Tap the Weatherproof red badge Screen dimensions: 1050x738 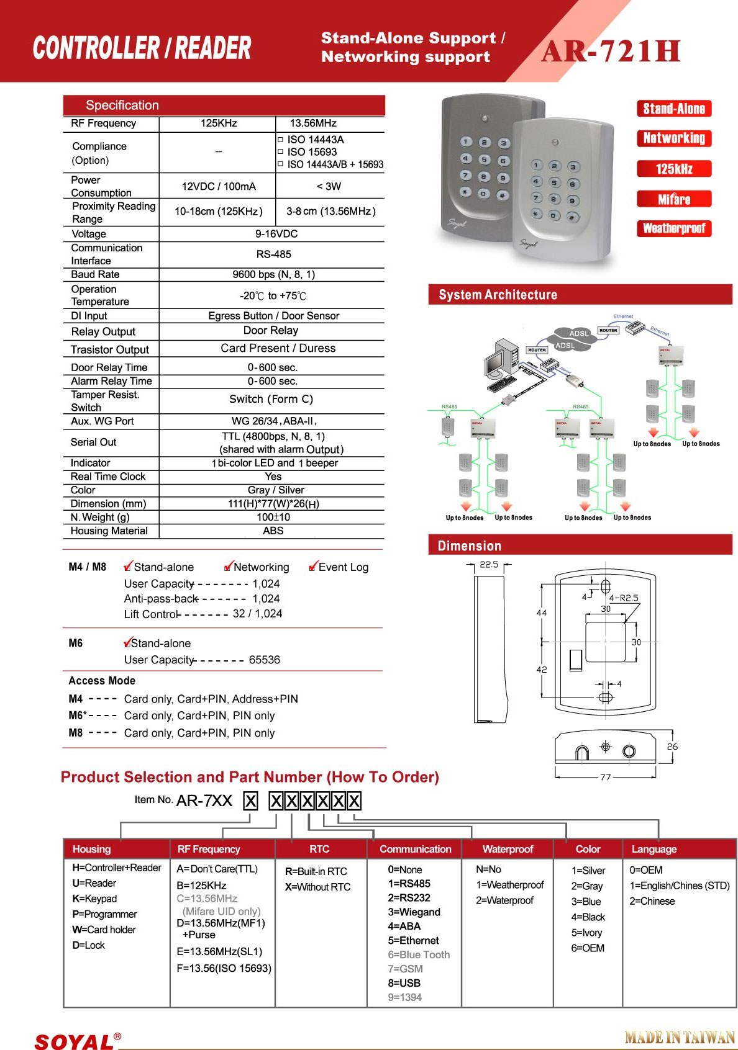tap(674, 228)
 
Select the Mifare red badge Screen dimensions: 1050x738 tap(674, 199)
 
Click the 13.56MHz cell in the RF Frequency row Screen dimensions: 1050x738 tap(313, 123)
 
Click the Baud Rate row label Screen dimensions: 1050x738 tap(95, 274)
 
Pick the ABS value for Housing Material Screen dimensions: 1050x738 tap(273, 531)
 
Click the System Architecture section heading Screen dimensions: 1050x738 tap(498, 295)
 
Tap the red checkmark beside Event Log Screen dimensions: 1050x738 tap(313, 566)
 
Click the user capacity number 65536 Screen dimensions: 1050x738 tap(265, 660)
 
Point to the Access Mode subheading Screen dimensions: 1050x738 tap(102, 681)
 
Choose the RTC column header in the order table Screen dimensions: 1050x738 tap(319, 849)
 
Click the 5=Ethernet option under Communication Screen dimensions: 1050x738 tap(413, 941)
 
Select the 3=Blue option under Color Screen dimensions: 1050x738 tap(586, 902)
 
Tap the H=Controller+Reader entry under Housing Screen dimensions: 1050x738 tap(116, 868)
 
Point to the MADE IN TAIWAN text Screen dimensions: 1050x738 tap(680, 1037)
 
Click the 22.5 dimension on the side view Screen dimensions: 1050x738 tap(489, 565)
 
